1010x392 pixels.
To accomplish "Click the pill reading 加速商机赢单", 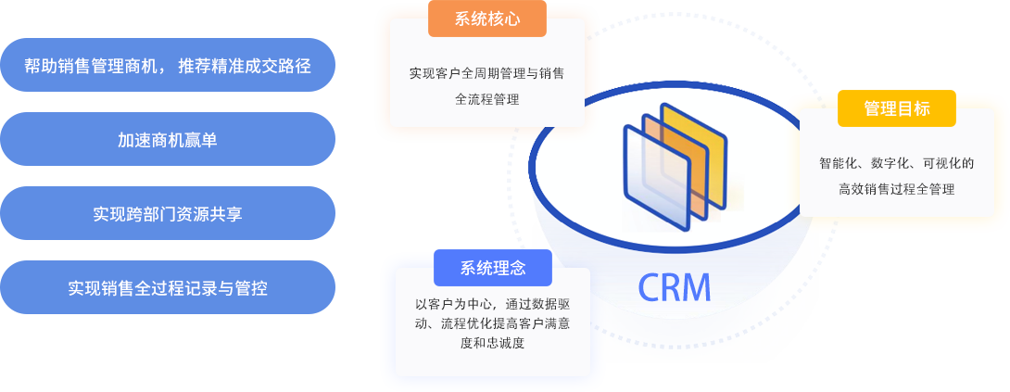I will (168, 139).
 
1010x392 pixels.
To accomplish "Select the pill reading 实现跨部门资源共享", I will (168, 213).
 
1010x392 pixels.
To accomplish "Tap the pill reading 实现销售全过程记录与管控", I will (168, 287).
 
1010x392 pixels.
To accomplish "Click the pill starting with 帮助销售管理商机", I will (168, 65).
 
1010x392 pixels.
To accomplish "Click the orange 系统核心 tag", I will (486, 19).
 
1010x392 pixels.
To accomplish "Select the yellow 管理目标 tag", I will (896, 108).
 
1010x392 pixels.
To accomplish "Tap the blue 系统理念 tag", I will (492, 269).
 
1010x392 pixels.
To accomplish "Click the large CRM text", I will (674, 287).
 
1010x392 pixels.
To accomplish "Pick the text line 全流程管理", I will (487, 98).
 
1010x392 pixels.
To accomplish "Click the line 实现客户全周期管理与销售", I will (487, 72).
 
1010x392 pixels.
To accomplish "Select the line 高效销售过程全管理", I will (896, 189).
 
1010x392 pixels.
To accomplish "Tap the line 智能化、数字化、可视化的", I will (896, 164).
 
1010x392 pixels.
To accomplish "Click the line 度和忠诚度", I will (492, 343).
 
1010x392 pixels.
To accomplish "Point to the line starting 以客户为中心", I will (492, 304).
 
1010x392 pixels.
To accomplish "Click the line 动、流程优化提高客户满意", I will (492, 323).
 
